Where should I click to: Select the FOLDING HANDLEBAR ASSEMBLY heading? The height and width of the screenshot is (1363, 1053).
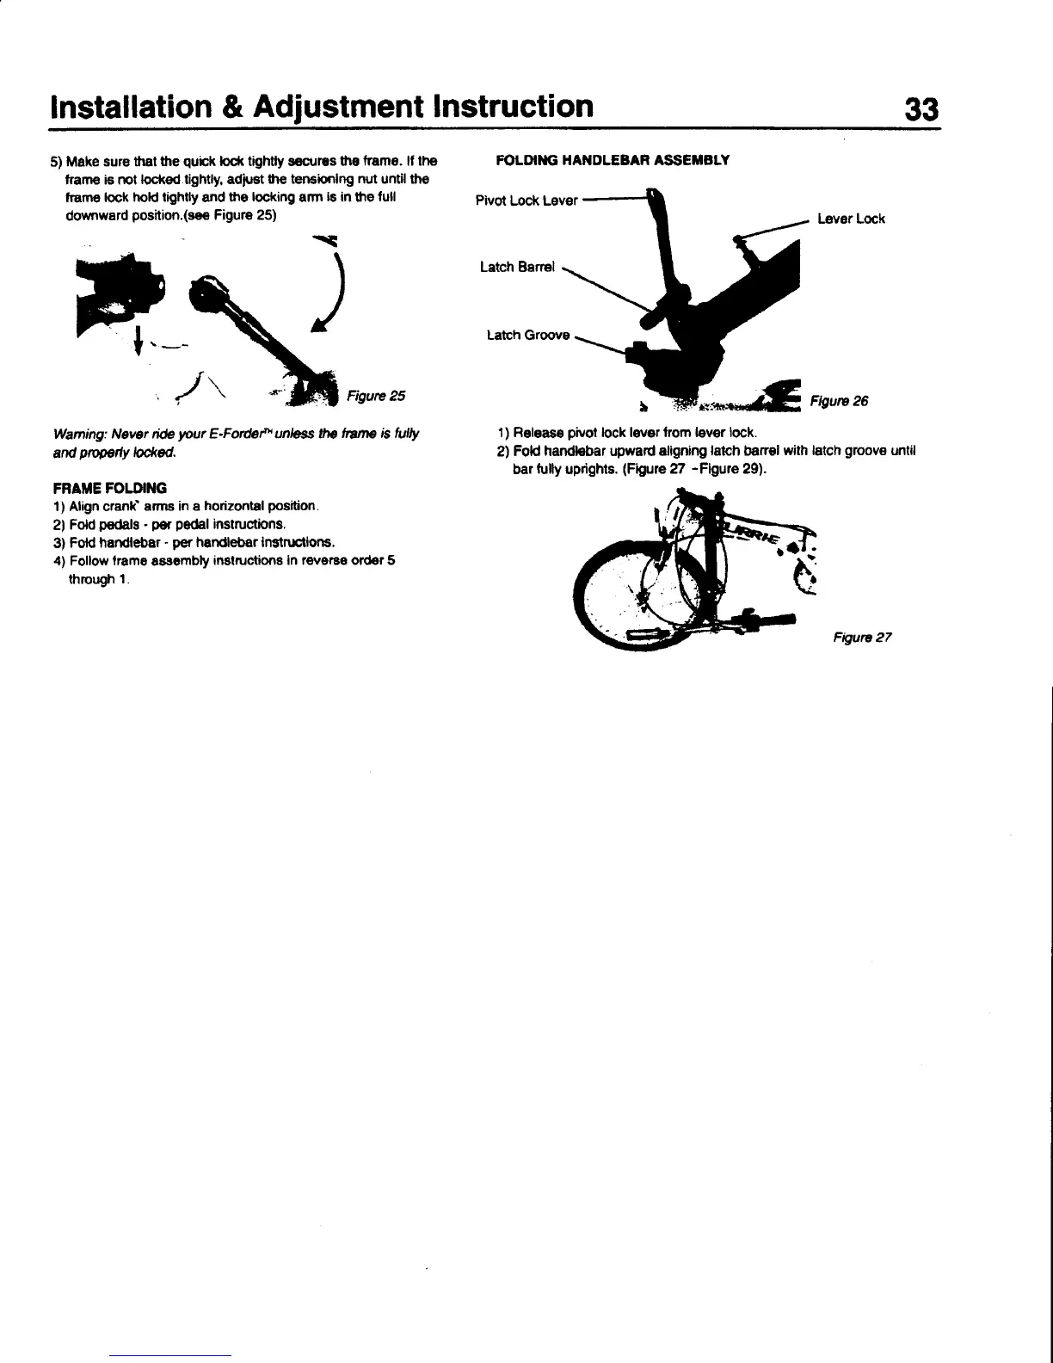click(613, 160)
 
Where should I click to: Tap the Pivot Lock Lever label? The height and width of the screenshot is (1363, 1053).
click(526, 201)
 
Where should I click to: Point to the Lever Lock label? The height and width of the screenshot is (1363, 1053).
click(851, 219)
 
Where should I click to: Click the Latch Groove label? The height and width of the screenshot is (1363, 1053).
click(527, 335)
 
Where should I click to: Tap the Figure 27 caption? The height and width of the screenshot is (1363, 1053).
click(863, 638)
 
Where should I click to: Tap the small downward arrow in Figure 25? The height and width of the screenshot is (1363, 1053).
click(137, 341)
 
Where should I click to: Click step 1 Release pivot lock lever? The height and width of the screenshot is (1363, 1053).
click(626, 432)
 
